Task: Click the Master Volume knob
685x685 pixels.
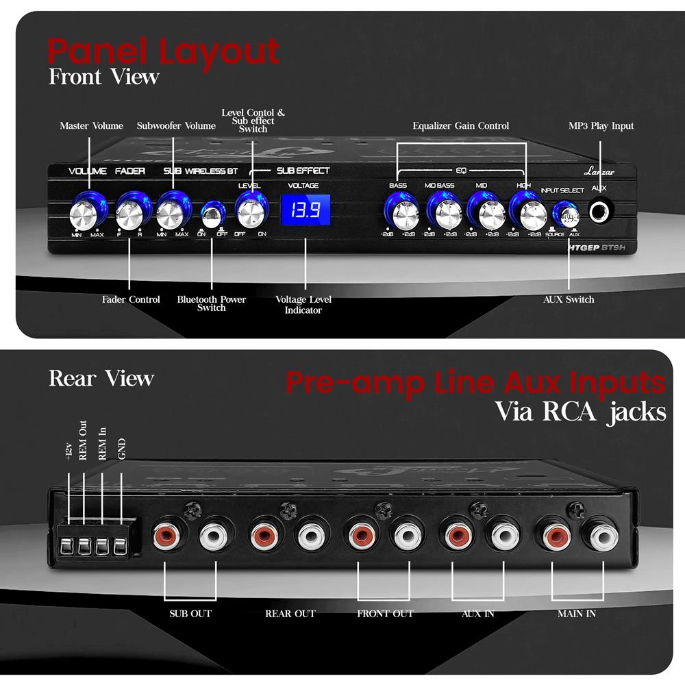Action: [88, 214]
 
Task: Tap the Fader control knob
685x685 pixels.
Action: [129, 214]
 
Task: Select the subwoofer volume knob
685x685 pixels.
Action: [171, 214]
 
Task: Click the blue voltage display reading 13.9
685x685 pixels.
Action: [306, 211]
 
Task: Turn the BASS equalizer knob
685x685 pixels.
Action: [401, 214]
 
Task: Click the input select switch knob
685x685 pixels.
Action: [566, 215]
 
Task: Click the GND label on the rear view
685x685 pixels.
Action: [122, 449]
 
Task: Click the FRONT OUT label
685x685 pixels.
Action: [385, 614]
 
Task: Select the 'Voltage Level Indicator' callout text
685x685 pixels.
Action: [303, 305]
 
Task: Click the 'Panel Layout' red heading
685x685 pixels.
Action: [164, 51]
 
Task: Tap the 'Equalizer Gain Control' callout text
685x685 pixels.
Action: [460, 126]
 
